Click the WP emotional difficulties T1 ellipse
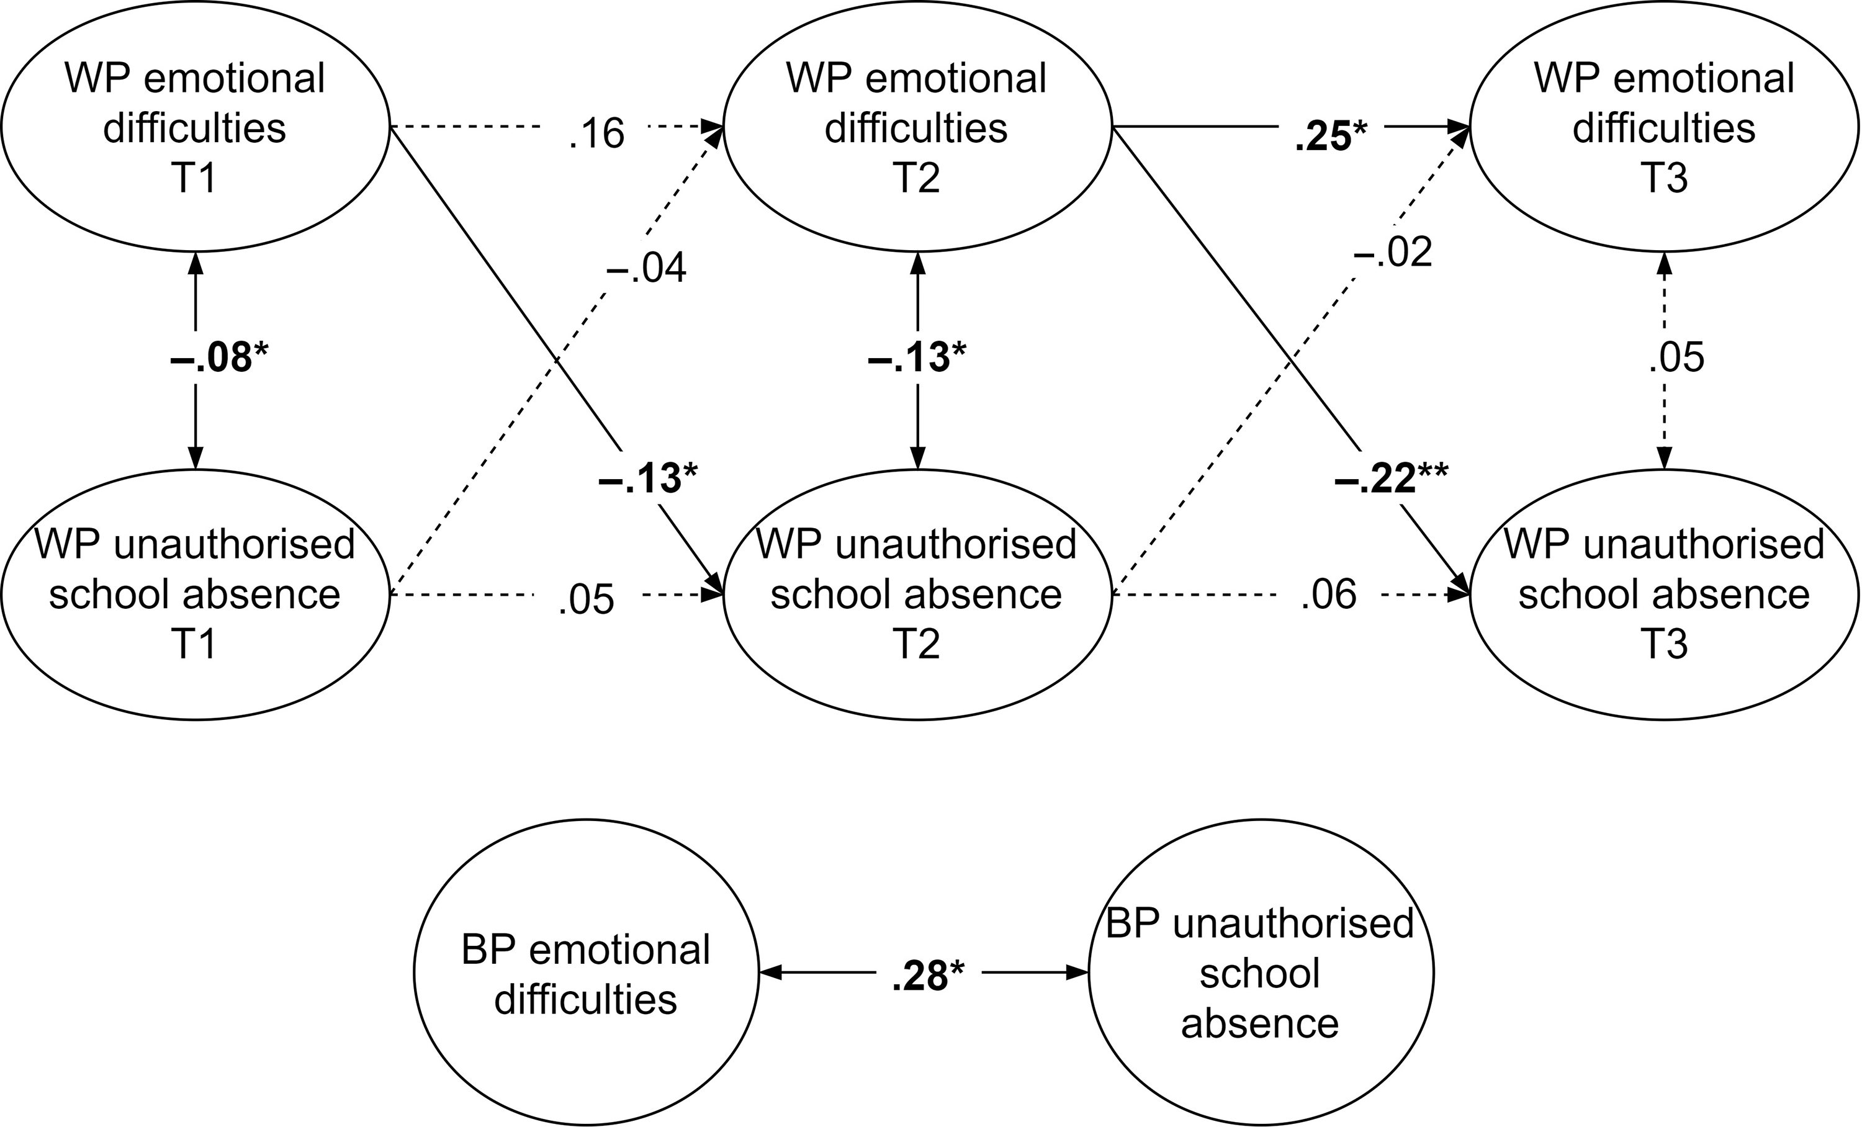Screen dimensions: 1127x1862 pyautogui.click(x=195, y=127)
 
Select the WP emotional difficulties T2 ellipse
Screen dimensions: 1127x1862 pyautogui.click(x=917, y=127)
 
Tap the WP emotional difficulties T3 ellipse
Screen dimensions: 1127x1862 pyautogui.click(x=1663, y=127)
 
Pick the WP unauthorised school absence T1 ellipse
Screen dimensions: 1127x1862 pyautogui.click(x=195, y=595)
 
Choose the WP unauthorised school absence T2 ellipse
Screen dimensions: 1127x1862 pyautogui.click(x=917, y=595)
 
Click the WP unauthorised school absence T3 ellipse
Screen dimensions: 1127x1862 pyautogui.click(x=1663, y=595)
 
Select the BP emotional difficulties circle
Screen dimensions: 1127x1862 pyautogui.click(x=586, y=974)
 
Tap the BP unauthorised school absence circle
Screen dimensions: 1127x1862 pyautogui.click(x=1260, y=974)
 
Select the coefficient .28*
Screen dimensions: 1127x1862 pyautogui.click(x=928, y=977)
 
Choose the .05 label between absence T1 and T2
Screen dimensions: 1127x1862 pyautogui.click(x=586, y=599)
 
